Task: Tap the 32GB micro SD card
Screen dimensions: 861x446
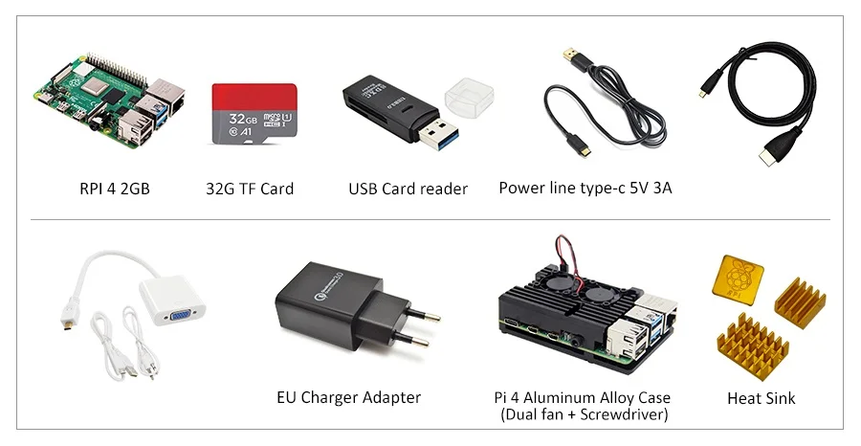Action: (x=254, y=113)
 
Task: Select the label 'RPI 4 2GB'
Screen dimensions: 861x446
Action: (x=115, y=189)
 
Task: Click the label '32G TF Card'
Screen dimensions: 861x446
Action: (x=250, y=189)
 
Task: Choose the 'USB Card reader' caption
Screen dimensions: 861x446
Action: (x=408, y=189)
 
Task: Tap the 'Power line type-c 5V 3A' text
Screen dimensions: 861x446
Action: (x=585, y=188)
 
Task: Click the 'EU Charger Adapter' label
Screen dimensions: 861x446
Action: (x=348, y=397)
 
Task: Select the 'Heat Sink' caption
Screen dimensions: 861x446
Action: (x=761, y=398)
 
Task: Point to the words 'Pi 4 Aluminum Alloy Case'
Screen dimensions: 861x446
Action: (x=582, y=397)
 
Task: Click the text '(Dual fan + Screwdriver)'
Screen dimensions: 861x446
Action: (x=583, y=414)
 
